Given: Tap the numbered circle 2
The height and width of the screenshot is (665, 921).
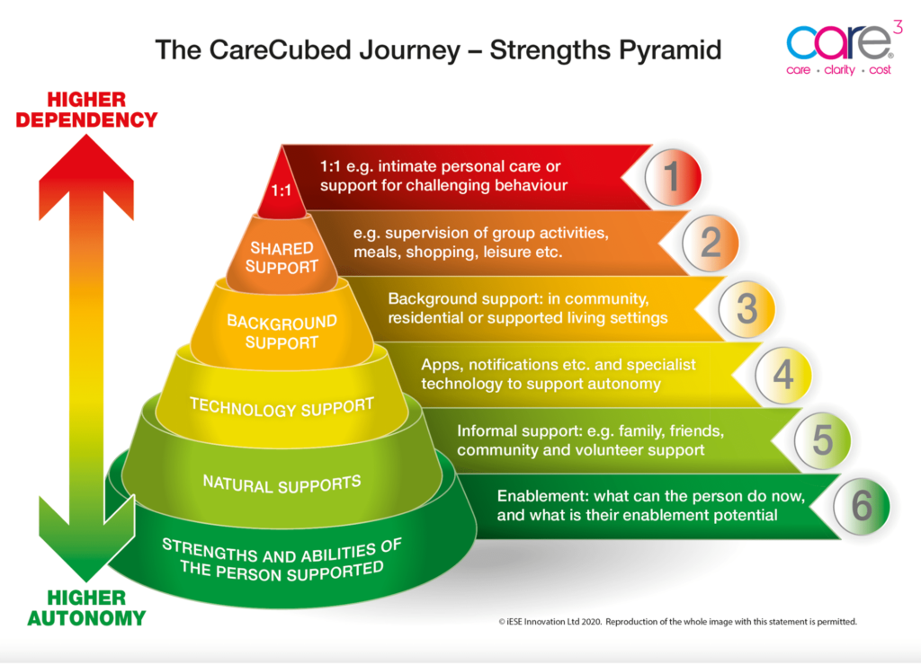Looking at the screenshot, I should pos(711,243).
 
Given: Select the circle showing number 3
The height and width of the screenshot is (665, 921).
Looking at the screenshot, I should pos(747,309).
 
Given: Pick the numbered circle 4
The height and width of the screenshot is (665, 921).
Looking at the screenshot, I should pos(783,375).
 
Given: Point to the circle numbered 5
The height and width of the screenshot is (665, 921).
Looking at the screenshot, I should pos(822,440).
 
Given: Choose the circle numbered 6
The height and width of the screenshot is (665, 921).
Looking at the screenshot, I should pos(861,507).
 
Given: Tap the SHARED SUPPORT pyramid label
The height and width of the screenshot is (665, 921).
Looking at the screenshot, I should pos(282,257).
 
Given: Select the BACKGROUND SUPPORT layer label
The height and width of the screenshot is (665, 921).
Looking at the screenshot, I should pos(282,332).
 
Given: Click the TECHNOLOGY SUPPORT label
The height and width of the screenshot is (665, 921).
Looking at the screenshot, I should pos(282,407).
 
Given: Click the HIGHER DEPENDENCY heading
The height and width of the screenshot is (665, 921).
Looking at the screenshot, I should pos(86,110).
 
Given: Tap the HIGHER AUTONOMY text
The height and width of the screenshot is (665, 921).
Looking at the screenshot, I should pos(86,607).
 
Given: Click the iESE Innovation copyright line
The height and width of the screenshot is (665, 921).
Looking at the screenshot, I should pos(677,621).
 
